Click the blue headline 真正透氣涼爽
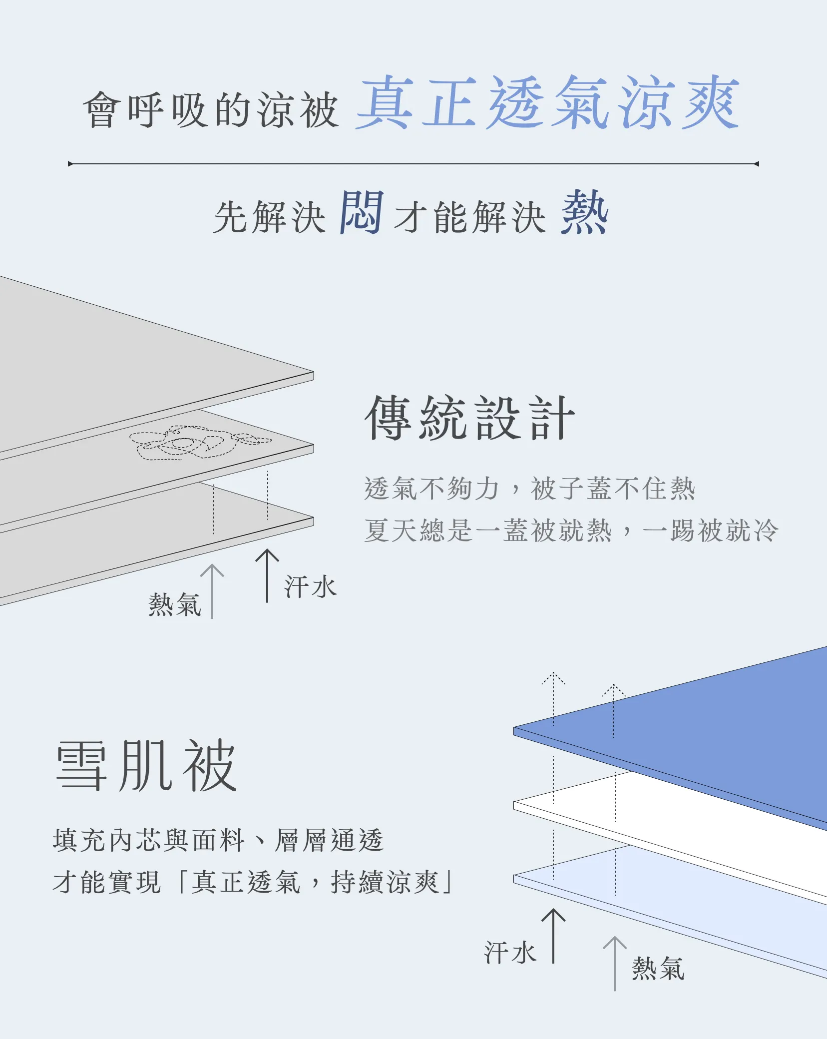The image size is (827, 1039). pyautogui.click(x=547, y=103)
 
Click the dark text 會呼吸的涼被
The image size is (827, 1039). pyautogui.click(x=211, y=110)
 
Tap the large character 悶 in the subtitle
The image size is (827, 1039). pyautogui.click(x=362, y=213)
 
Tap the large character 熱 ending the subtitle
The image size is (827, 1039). pyautogui.click(x=585, y=212)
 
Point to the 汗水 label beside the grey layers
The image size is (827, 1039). pyautogui.click(x=311, y=586)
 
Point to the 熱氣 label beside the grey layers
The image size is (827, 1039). pyautogui.click(x=174, y=605)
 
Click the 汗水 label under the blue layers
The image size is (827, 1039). pyautogui.click(x=510, y=953)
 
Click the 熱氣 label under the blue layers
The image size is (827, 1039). pyautogui.click(x=658, y=969)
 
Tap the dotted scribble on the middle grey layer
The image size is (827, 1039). pyautogui.click(x=200, y=443)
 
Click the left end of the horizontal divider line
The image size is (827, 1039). pyautogui.click(x=70, y=164)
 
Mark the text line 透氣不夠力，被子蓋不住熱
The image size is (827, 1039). pyautogui.click(x=529, y=488)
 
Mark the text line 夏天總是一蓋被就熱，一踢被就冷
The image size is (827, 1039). pyautogui.click(x=571, y=530)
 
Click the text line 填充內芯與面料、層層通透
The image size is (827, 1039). pyautogui.click(x=218, y=840)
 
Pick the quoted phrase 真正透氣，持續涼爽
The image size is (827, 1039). pyautogui.click(x=316, y=882)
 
